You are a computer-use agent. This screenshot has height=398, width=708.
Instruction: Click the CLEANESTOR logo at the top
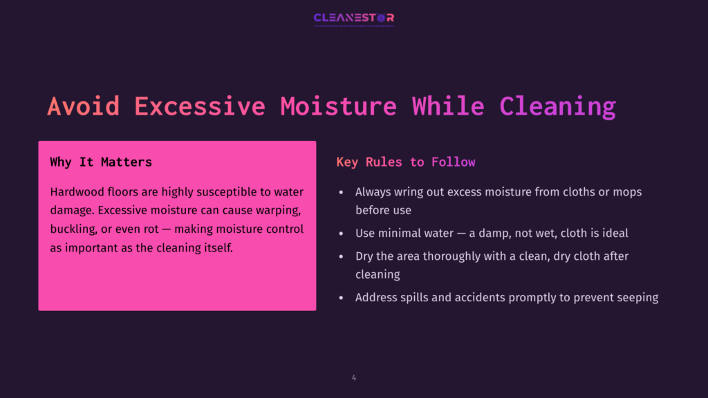tap(353, 19)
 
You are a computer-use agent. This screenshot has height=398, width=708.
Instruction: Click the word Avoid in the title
tap(83, 106)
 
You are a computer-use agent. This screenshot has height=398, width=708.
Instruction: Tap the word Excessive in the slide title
tap(200, 106)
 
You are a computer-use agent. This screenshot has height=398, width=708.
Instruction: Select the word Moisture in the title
tap(339, 106)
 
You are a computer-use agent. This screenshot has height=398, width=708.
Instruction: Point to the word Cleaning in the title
tap(557, 106)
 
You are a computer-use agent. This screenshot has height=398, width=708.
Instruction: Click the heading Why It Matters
tap(101, 162)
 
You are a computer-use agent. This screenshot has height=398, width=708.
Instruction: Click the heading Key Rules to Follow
tap(406, 162)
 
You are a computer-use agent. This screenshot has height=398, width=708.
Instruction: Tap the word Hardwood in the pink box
tap(75, 191)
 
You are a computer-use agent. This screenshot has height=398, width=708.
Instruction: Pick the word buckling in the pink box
tap(73, 229)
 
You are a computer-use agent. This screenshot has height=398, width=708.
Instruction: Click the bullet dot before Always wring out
tap(341, 192)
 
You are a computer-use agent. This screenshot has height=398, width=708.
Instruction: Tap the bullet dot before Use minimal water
tap(341, 234)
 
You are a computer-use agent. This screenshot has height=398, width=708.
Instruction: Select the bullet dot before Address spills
tap(341, 298)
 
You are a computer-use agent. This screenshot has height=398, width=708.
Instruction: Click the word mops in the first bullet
tap(626, 191)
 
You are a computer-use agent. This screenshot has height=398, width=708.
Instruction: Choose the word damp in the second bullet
tap(489, 234)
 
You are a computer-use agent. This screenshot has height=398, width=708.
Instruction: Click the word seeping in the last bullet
tap(636, 298)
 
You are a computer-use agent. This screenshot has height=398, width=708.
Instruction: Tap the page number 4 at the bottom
tap(354, 378)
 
